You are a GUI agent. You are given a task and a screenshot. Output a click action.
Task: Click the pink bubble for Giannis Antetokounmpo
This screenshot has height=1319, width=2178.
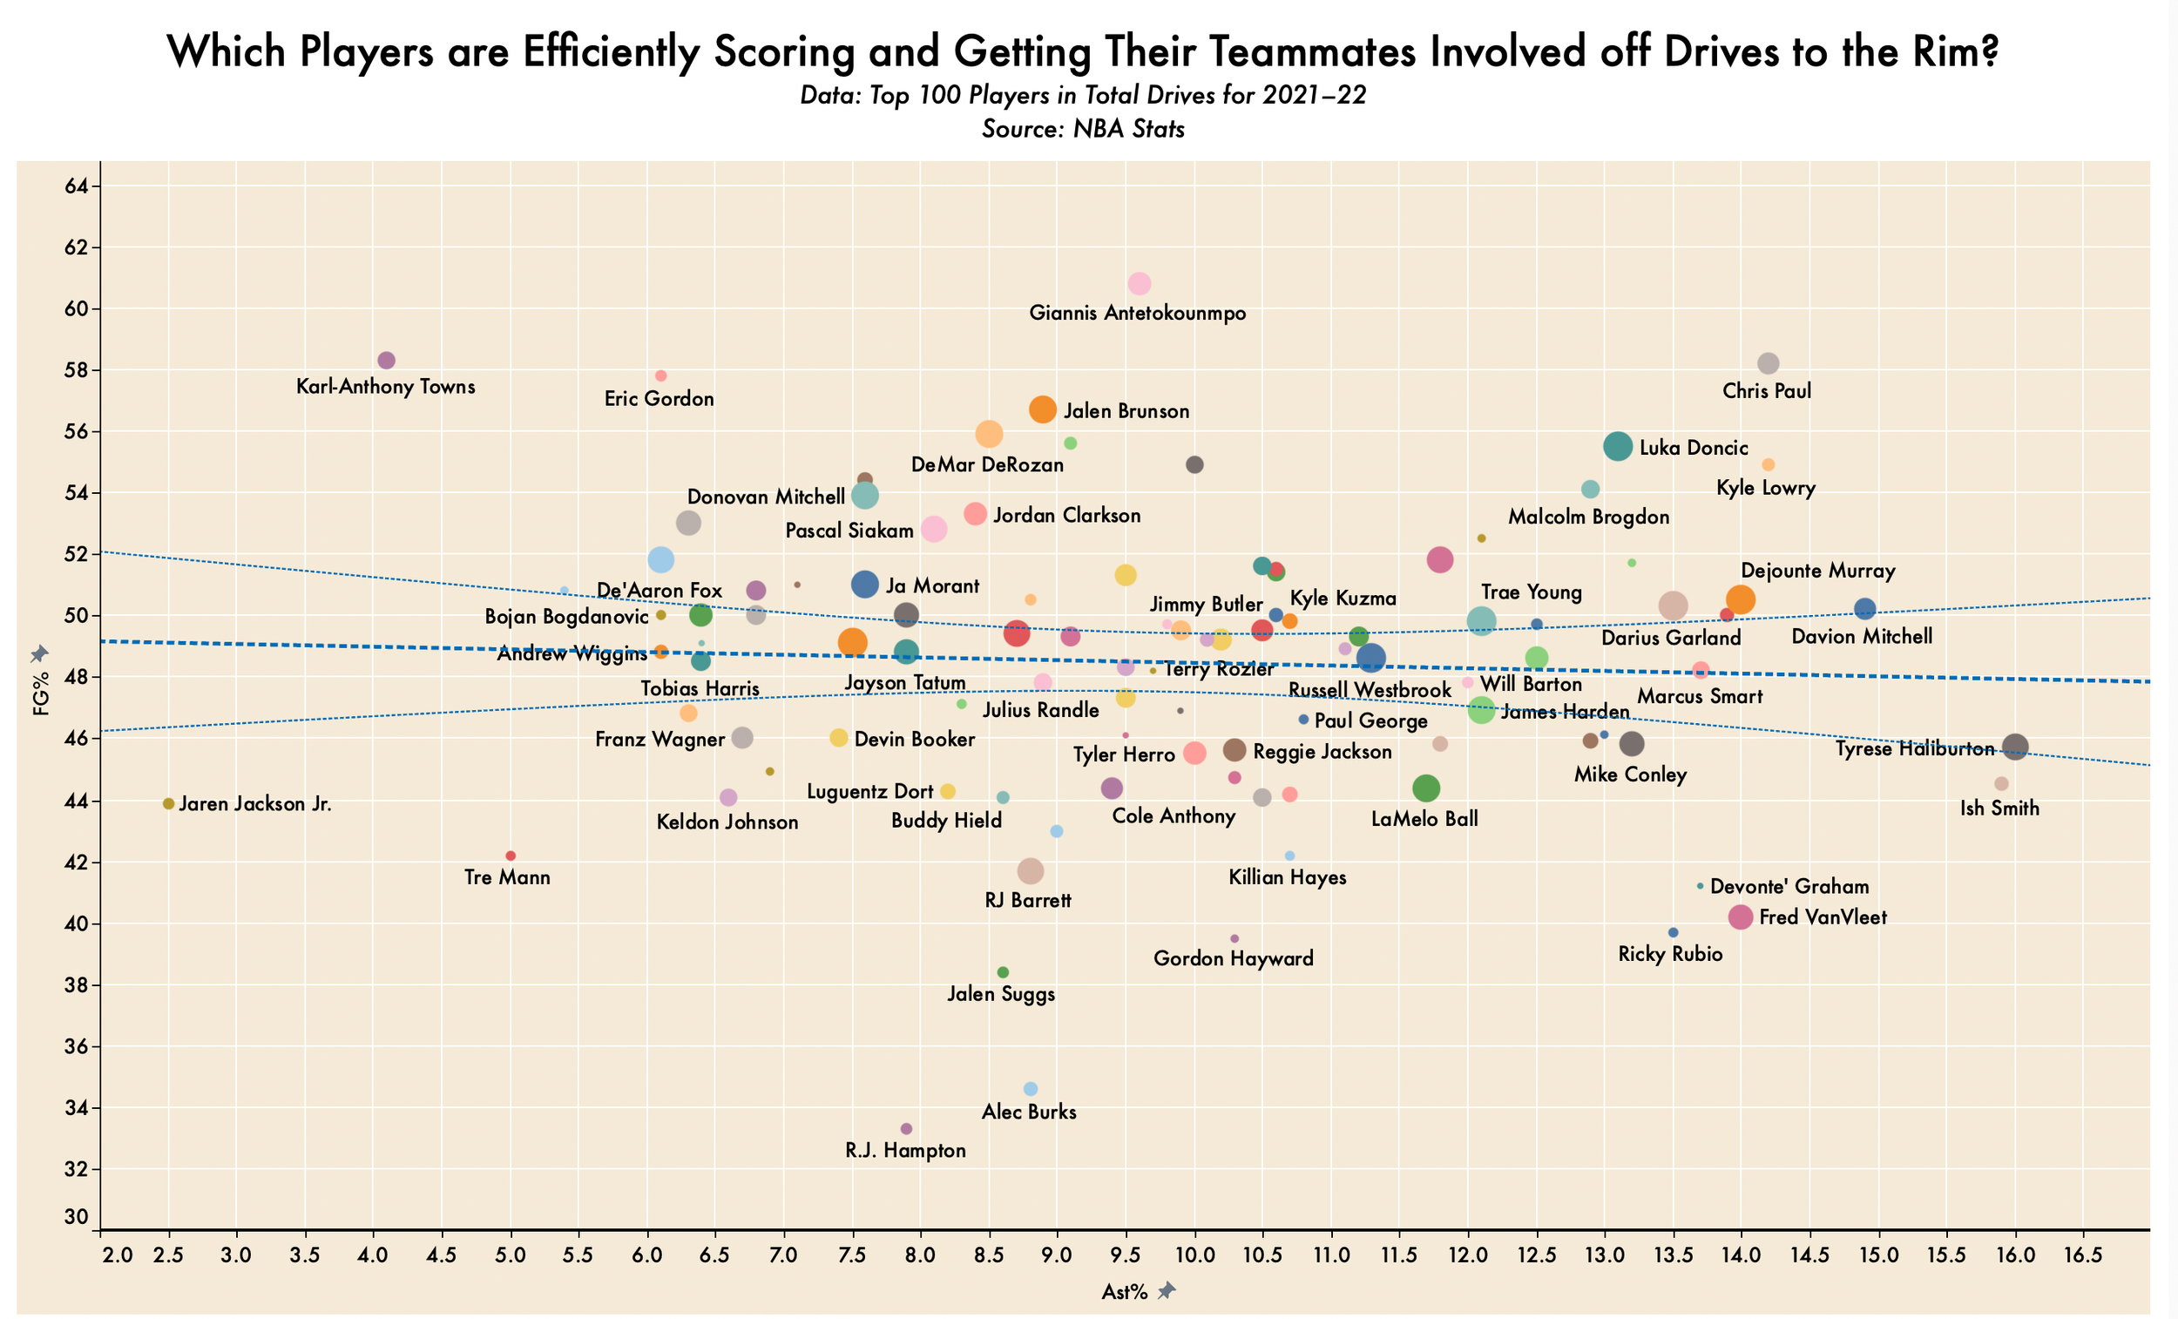tap(1140, 284)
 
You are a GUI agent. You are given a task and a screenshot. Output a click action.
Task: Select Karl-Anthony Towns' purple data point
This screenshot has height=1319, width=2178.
tap(386, 360)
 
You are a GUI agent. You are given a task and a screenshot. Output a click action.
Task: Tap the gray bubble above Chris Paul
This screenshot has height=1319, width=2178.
tap(1768, 363)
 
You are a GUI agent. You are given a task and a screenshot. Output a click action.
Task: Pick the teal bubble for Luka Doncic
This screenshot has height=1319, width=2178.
tap(1618, 446)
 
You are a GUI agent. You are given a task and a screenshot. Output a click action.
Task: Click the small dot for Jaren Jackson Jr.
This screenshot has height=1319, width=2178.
tap(169, 803)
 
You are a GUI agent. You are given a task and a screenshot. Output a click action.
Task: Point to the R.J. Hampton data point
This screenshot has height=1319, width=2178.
tap(906, 1129)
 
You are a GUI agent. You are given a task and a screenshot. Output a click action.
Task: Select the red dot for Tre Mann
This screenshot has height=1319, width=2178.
tap(510, 856)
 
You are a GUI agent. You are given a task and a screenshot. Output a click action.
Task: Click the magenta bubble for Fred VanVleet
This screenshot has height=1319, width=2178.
tap(1741, 917)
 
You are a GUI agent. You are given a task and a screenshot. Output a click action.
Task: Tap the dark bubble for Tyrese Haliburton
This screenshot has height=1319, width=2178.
tap(2015, 747)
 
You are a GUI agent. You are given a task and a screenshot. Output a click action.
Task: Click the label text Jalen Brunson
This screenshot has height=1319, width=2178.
tap(1126, 411)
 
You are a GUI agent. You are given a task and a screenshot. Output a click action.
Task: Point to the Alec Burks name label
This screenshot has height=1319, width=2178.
tap(1029, 1113)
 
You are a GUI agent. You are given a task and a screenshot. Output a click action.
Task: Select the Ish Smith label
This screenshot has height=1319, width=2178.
tap(1999, 808)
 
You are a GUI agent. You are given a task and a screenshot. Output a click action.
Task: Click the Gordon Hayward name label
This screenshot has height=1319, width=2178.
tap(1233, 958)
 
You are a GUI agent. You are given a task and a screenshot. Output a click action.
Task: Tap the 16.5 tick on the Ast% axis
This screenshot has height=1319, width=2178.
tap(2083, 1256)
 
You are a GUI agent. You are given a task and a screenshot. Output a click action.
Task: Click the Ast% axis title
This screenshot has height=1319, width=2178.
tap(1125, 1293)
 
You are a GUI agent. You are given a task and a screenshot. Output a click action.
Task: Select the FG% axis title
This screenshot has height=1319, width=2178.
tap(40, 703)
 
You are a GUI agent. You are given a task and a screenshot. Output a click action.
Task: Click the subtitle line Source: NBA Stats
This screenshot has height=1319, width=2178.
tap(1083, 129)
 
